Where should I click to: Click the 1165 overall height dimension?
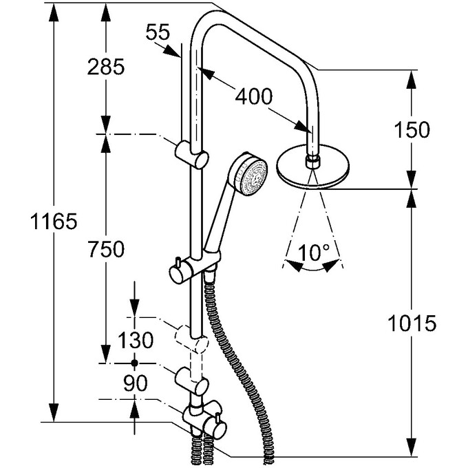coord(54,222)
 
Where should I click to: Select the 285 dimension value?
coord(106,67)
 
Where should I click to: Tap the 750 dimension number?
coord(106,249)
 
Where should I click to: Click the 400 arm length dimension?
coord(254,96)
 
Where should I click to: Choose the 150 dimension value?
coord(412,130)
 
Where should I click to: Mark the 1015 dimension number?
coord(412,323)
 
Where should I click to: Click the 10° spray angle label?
coord(313,253)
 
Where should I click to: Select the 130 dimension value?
coord(136,340)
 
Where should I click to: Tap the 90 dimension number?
coord(136,383)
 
